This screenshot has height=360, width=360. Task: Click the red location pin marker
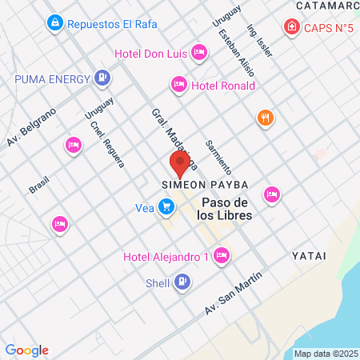pos(180,163)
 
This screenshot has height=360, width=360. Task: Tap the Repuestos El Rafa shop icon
pos(54,22)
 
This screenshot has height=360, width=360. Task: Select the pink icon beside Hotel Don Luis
pos(199,54)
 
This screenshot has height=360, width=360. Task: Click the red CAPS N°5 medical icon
pos(292,29)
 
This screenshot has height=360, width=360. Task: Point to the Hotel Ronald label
pos(223,86)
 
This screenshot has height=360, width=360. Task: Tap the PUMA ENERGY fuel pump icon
pos(102,78)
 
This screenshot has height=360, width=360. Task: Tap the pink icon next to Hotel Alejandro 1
pos(222,257)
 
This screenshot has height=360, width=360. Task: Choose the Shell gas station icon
pos(182,282)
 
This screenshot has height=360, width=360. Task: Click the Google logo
pos(26,350)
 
